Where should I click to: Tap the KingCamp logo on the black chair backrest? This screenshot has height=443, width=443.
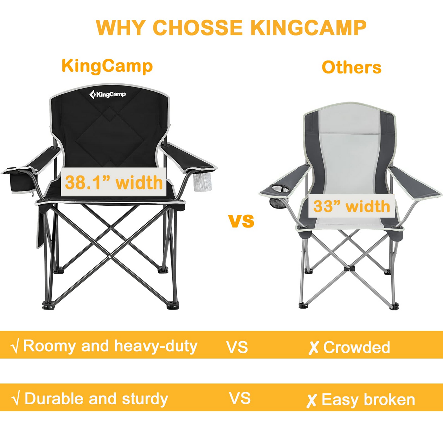(x=108, y=94)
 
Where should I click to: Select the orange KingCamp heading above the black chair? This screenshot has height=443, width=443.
(x=107, y=66)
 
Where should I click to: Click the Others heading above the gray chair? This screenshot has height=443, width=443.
(x=351, y=68)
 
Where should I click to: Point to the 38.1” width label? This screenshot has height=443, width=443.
(x=114, y=182)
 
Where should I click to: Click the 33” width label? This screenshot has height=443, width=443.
(x=351, y=206)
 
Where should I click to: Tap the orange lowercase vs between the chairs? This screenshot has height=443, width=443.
(x=241, y=221)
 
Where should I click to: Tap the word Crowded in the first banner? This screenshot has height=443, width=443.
(x=357, y=347)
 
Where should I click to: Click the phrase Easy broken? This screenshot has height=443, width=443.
(x=368, y=400)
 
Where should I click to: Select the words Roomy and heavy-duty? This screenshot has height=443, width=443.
(x=110, y=346)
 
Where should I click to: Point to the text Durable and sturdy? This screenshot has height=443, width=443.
(x=96, y=399)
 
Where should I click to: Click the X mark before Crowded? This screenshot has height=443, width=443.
(x=313, y=348)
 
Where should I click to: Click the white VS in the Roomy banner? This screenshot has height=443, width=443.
(x=237, y=347)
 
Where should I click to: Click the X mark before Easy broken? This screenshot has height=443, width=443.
(x=312, y=400)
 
